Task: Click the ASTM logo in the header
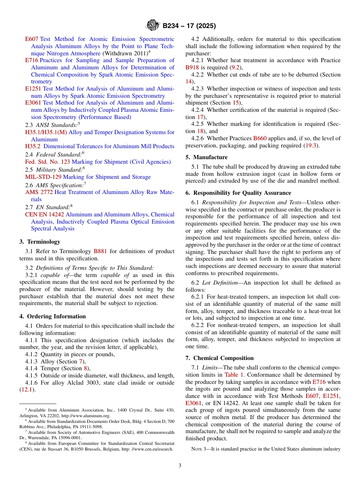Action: point(153,26)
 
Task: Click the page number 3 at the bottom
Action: point(180,465)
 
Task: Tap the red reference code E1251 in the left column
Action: point(34,89)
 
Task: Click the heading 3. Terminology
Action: point(40,242)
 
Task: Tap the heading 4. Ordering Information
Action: point(53,316)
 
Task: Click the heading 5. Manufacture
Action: point(207,157)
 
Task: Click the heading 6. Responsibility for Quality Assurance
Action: point(238,193)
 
